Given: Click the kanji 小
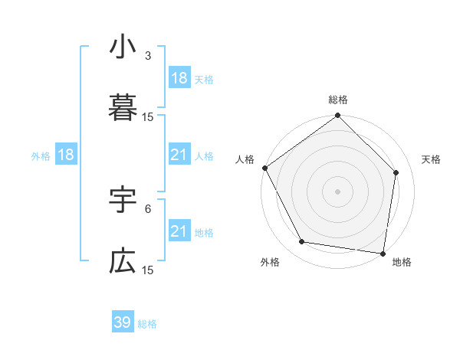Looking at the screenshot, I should tap(123, 48).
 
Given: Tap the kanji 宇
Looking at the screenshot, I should tap(123, 201).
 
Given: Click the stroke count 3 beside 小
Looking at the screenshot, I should tap(148, 56).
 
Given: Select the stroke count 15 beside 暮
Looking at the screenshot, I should tap(148, 116).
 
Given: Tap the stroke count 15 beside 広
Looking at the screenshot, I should tap(148, 270).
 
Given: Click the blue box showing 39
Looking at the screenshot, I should tap(123, 322).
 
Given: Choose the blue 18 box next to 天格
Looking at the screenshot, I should tap(179, 78).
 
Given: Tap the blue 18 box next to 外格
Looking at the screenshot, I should tap(66, 155).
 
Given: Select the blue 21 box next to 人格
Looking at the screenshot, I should tap(179, 155).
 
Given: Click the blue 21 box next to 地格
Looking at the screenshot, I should tap(179, 231).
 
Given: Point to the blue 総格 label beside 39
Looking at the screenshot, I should tap(147, 324).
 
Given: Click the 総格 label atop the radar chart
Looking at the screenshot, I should tap(337, 100).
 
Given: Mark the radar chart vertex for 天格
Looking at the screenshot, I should tap(396, 172).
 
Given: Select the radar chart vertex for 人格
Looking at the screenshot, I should tap(264, 168).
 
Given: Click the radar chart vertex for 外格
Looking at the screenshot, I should tap(302, 242).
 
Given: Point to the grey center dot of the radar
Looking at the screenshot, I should tap(337, 191).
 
